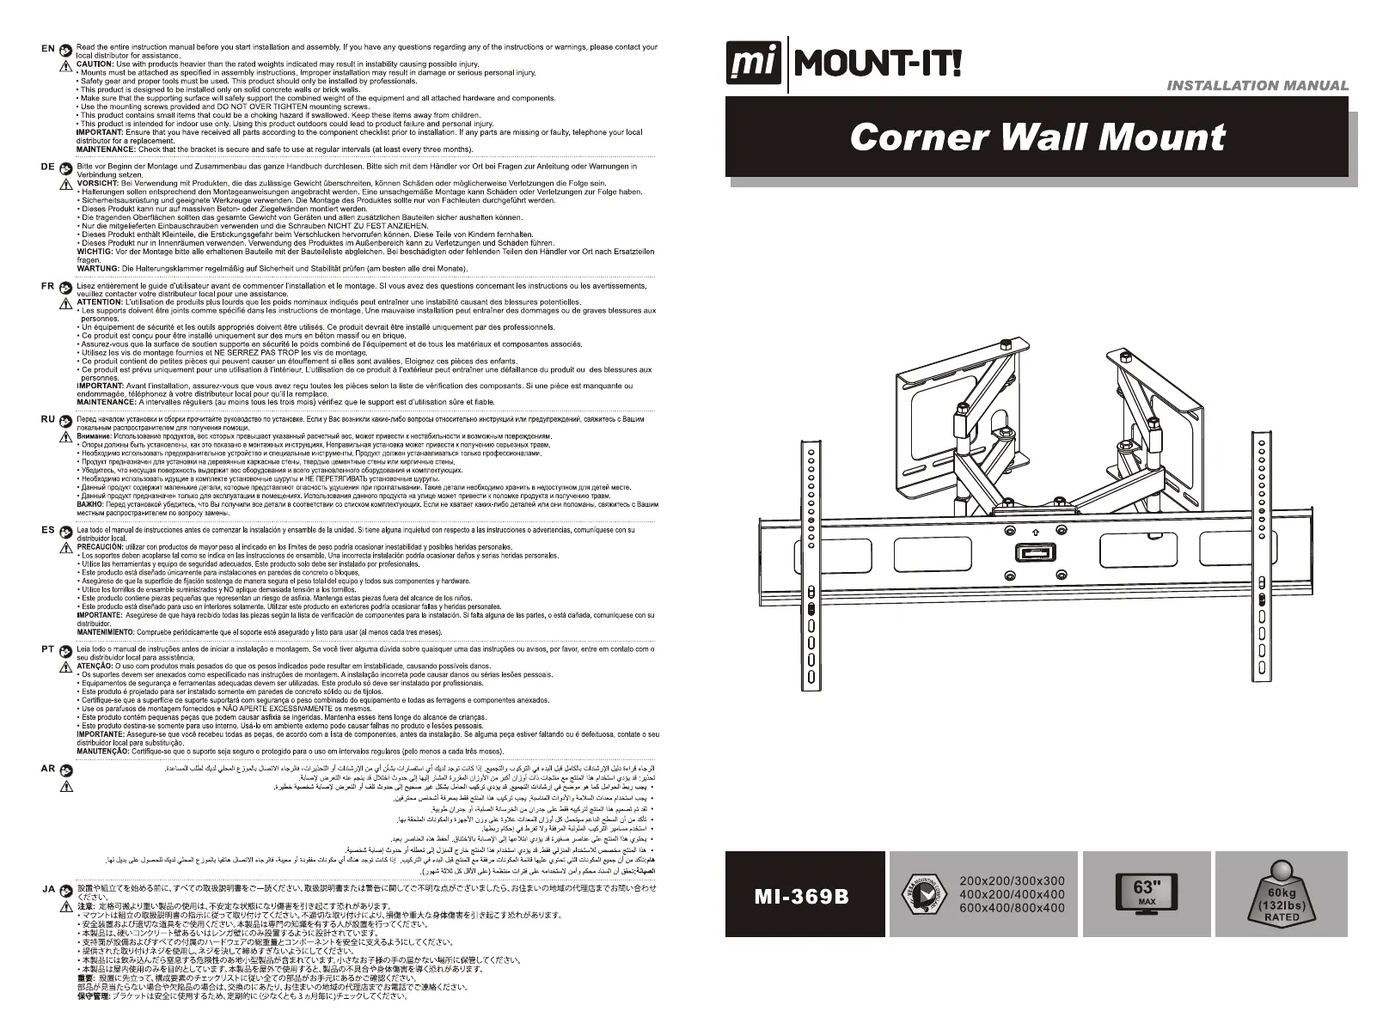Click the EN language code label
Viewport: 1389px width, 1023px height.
[48, 49]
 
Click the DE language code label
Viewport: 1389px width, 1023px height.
[48, 167]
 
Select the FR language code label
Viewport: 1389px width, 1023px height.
[48, 286]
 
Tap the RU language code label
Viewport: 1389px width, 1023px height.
[48, 419]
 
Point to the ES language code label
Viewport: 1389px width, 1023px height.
[48, 530]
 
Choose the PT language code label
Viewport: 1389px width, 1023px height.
[48, 649]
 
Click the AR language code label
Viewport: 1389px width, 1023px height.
[48, 769]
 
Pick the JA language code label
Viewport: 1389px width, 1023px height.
[48, 887]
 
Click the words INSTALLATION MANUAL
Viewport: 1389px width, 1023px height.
[1257, 85]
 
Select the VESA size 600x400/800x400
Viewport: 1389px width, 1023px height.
[1011, 908]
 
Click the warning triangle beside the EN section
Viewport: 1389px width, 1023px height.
[65, 66]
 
